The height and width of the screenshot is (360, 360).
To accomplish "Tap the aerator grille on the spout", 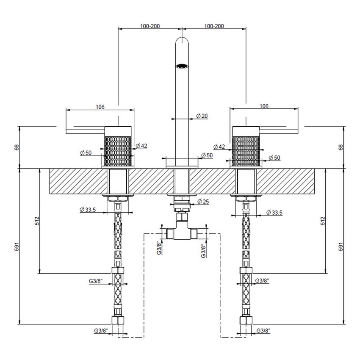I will pyautogui.click(x=182, y=66).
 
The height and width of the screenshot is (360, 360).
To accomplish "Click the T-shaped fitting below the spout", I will pyautogui.click(x=182, y=231).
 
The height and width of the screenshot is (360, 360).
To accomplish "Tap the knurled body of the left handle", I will pyautogui.click(x=118, y=150).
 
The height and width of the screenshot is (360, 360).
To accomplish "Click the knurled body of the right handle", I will pyautogui.click(x=246, y=150).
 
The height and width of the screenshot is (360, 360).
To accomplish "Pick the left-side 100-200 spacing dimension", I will pyautogui.click(x=150, y=26).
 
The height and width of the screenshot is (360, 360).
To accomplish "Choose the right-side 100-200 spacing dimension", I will pyautogui.click(x=214, y=26).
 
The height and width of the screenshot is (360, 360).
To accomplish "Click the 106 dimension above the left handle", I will pyautogui.click(x=100, y=107).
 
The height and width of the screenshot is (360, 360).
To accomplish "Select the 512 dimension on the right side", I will pyautogui.click(x=323, y=221).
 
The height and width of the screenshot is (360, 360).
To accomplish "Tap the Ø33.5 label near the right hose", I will pyautogui.click(x=274, y=212).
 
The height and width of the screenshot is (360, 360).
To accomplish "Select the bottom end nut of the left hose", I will pyautogui.click(x=118, y=320).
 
